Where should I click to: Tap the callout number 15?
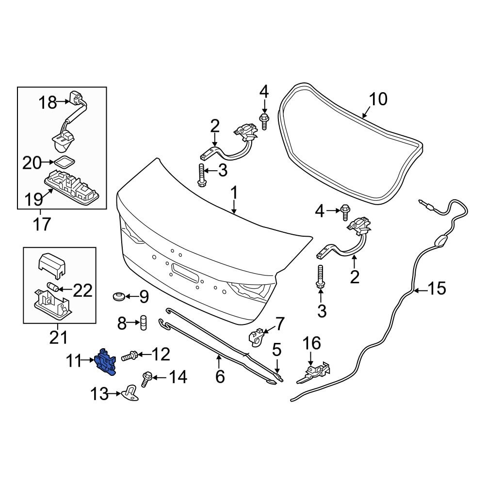436,289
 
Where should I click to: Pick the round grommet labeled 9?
117,295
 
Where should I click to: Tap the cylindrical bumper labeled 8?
144,322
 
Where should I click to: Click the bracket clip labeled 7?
256,336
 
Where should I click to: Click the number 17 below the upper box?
41,225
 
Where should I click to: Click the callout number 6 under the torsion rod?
220,376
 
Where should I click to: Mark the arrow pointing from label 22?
66,290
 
